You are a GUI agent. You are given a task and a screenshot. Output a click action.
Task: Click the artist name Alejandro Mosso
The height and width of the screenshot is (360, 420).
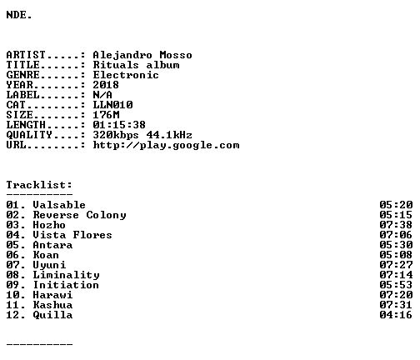pos(142,56)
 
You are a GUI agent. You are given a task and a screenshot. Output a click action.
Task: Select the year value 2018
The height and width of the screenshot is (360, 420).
pos(106,85)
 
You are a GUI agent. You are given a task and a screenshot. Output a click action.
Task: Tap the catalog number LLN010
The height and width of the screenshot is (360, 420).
pos(112,105)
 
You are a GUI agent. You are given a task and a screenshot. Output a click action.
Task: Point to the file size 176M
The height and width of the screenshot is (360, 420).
pos(106,115)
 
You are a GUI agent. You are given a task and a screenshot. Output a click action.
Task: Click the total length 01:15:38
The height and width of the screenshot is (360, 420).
pos(119,125)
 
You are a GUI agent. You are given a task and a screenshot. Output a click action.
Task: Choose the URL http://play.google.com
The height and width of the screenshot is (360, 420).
pos(166,145)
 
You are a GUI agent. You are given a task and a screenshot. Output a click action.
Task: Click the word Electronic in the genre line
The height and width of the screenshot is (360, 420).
pos(126,75)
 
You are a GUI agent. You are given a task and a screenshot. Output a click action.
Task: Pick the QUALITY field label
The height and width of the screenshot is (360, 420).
pos(29,135)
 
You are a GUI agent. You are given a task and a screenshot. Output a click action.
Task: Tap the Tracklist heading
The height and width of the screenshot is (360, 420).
pos(39,185)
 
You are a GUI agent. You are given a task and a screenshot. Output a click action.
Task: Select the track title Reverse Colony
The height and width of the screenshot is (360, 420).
pos(79,215)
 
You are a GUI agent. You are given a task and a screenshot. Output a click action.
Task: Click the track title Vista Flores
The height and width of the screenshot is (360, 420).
pos(72,235)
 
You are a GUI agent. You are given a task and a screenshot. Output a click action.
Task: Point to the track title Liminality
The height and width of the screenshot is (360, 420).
pos(66,275)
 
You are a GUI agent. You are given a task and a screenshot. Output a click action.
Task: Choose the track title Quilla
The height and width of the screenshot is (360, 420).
pos(52,315)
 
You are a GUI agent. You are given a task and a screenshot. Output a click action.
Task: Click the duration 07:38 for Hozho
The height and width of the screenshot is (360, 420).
pos(396,225)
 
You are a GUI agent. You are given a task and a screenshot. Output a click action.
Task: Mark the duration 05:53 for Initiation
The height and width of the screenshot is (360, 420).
pos(396,285)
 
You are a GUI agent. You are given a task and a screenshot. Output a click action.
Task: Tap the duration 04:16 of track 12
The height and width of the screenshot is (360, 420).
pos(396,315)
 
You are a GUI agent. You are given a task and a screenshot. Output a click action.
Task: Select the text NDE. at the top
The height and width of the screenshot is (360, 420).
pos(19,15)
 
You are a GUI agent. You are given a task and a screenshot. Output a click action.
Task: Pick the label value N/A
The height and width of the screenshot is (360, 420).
pos(102,95)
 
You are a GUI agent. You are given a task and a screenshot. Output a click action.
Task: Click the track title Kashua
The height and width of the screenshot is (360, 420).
pos(52,305)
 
